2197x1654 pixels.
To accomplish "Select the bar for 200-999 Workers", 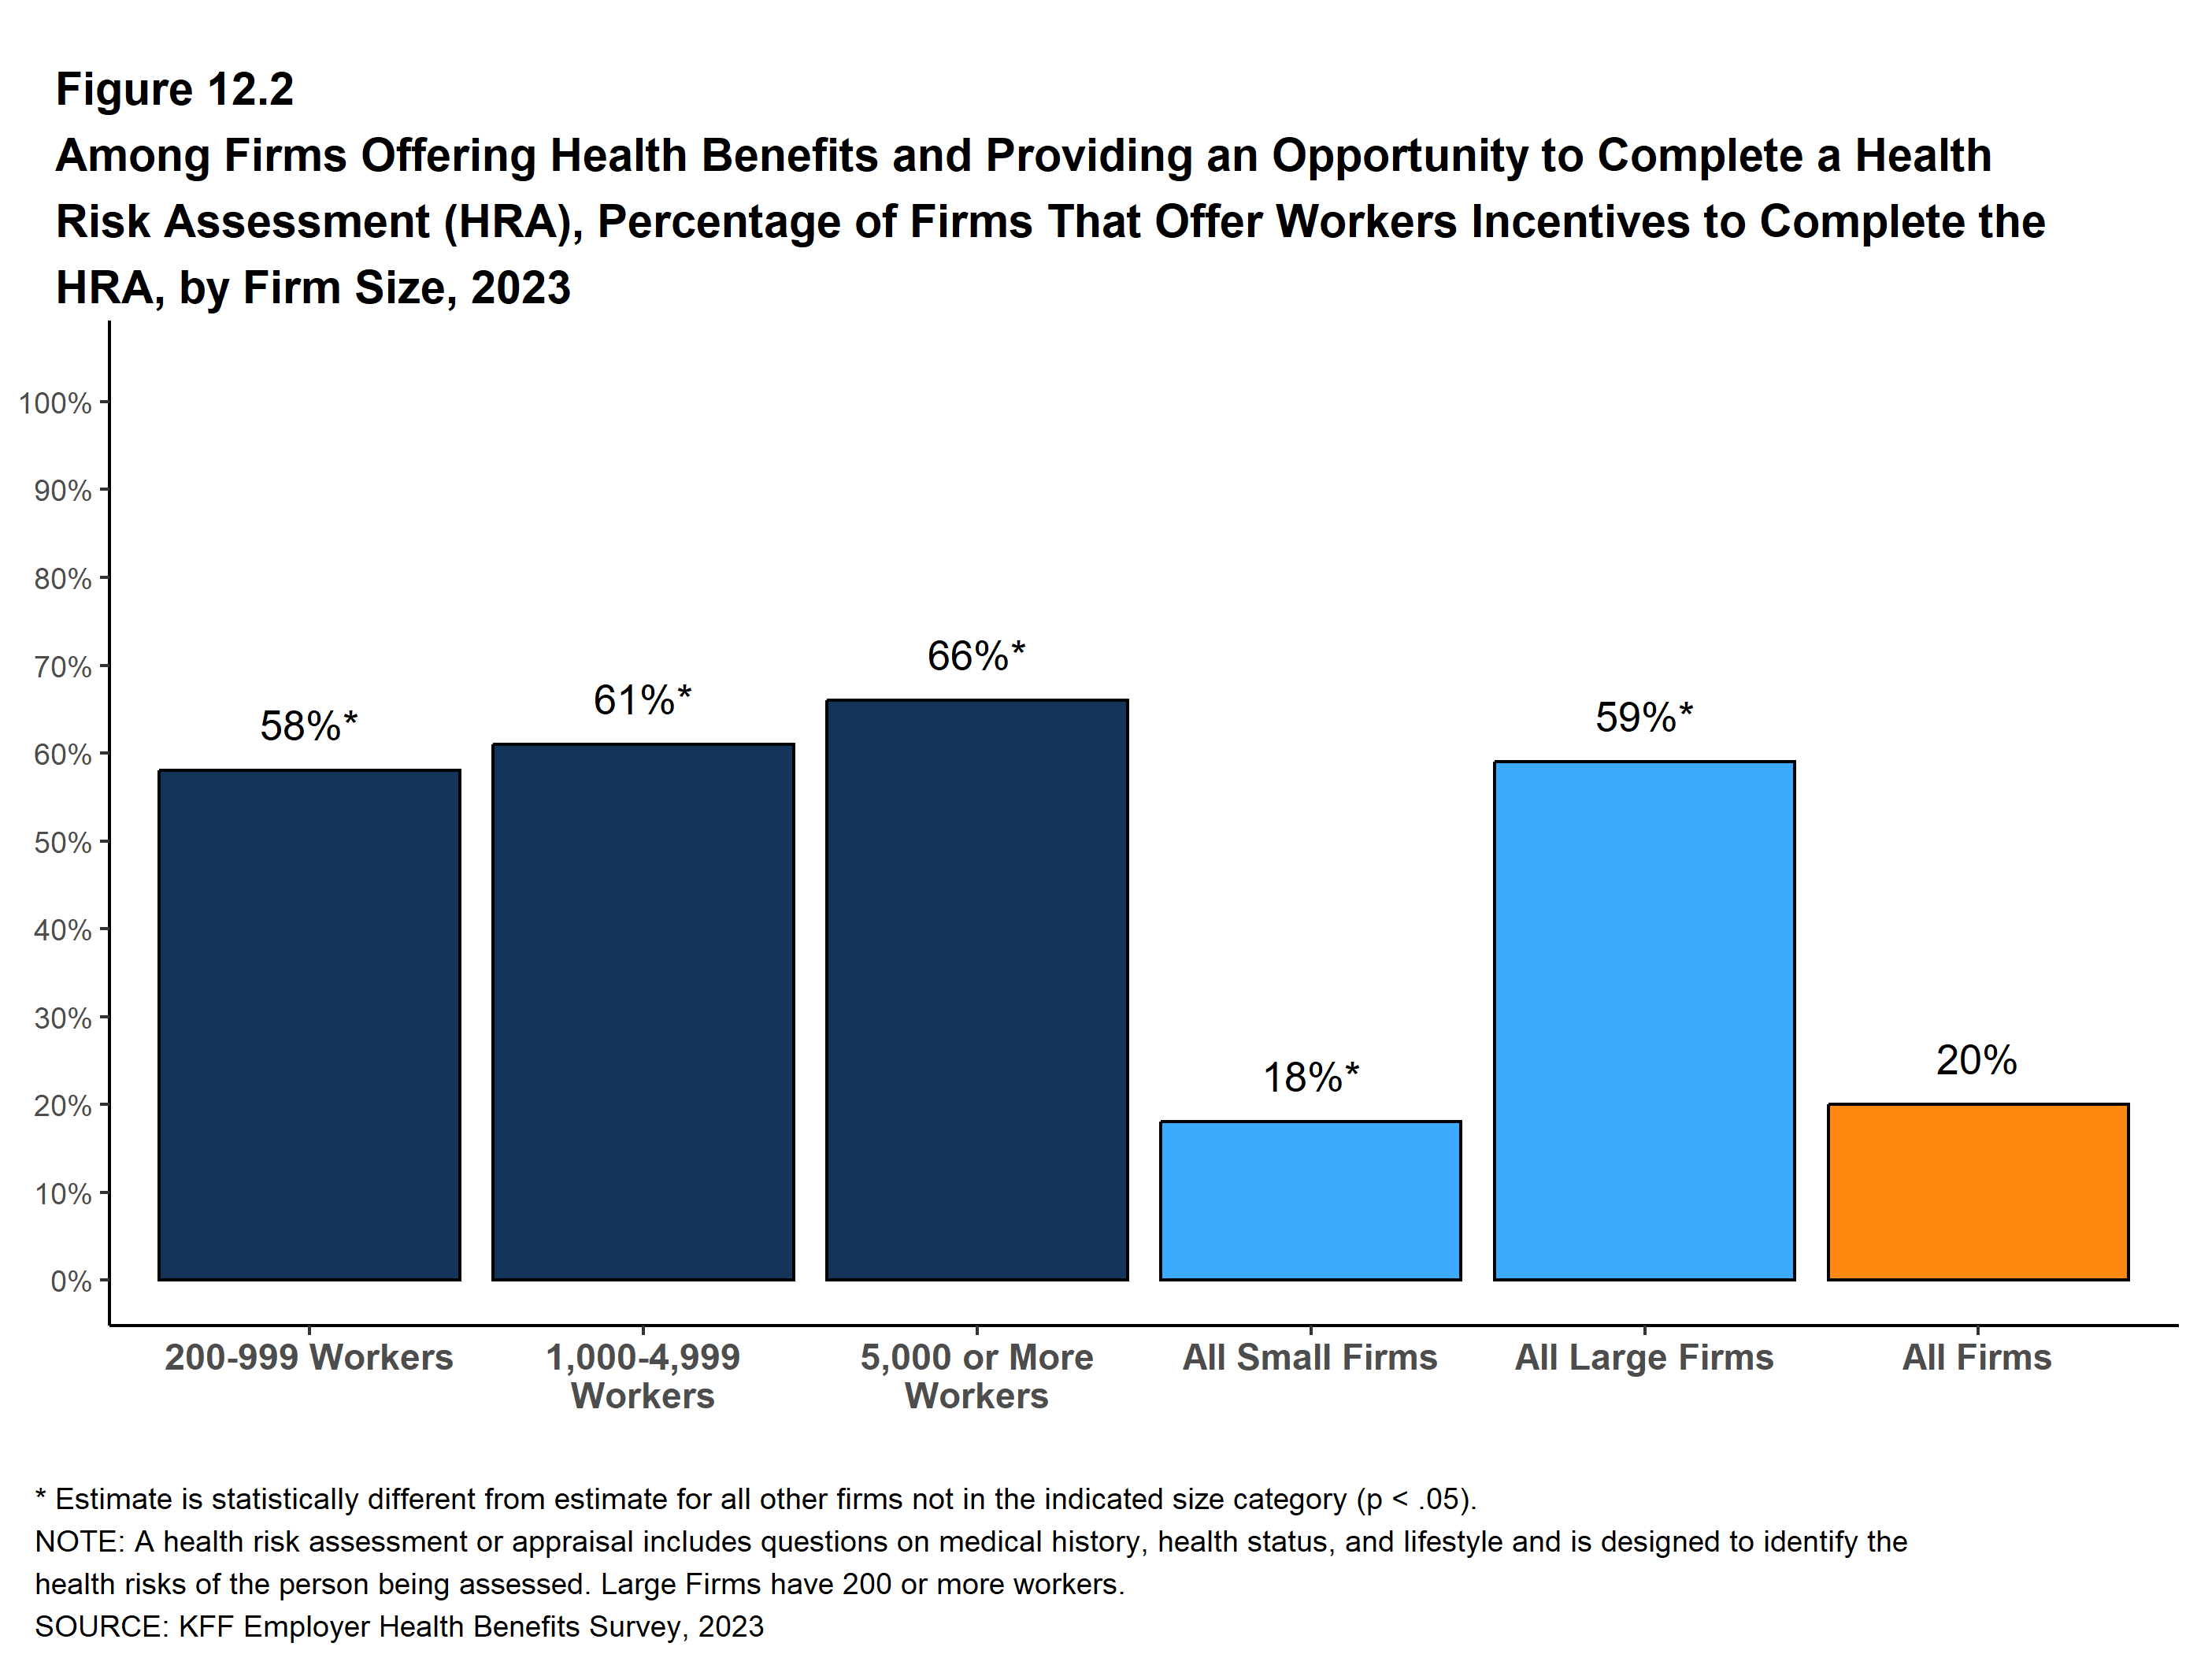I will (x=309, y=1024).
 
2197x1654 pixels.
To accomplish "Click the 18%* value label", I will (x=1310, y=1077).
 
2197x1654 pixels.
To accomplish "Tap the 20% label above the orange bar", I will (x=1977, y=1060).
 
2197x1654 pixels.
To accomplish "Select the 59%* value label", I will (x=1643, y=718).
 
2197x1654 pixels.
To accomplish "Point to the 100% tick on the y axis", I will (x=56, y=403).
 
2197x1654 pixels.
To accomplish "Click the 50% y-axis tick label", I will (x=62, y=843).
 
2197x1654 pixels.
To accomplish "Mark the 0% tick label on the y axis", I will (x=71, y=1281).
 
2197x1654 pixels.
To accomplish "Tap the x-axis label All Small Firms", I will (x=1310, y=1357).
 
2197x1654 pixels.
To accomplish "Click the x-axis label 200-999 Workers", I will (x=309, y=1357).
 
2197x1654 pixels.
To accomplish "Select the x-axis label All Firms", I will (x=1977, y=1357).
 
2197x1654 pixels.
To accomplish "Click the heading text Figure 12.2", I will (x=175, y=90).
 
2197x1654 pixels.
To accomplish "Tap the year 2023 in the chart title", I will (x=521, y=288).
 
